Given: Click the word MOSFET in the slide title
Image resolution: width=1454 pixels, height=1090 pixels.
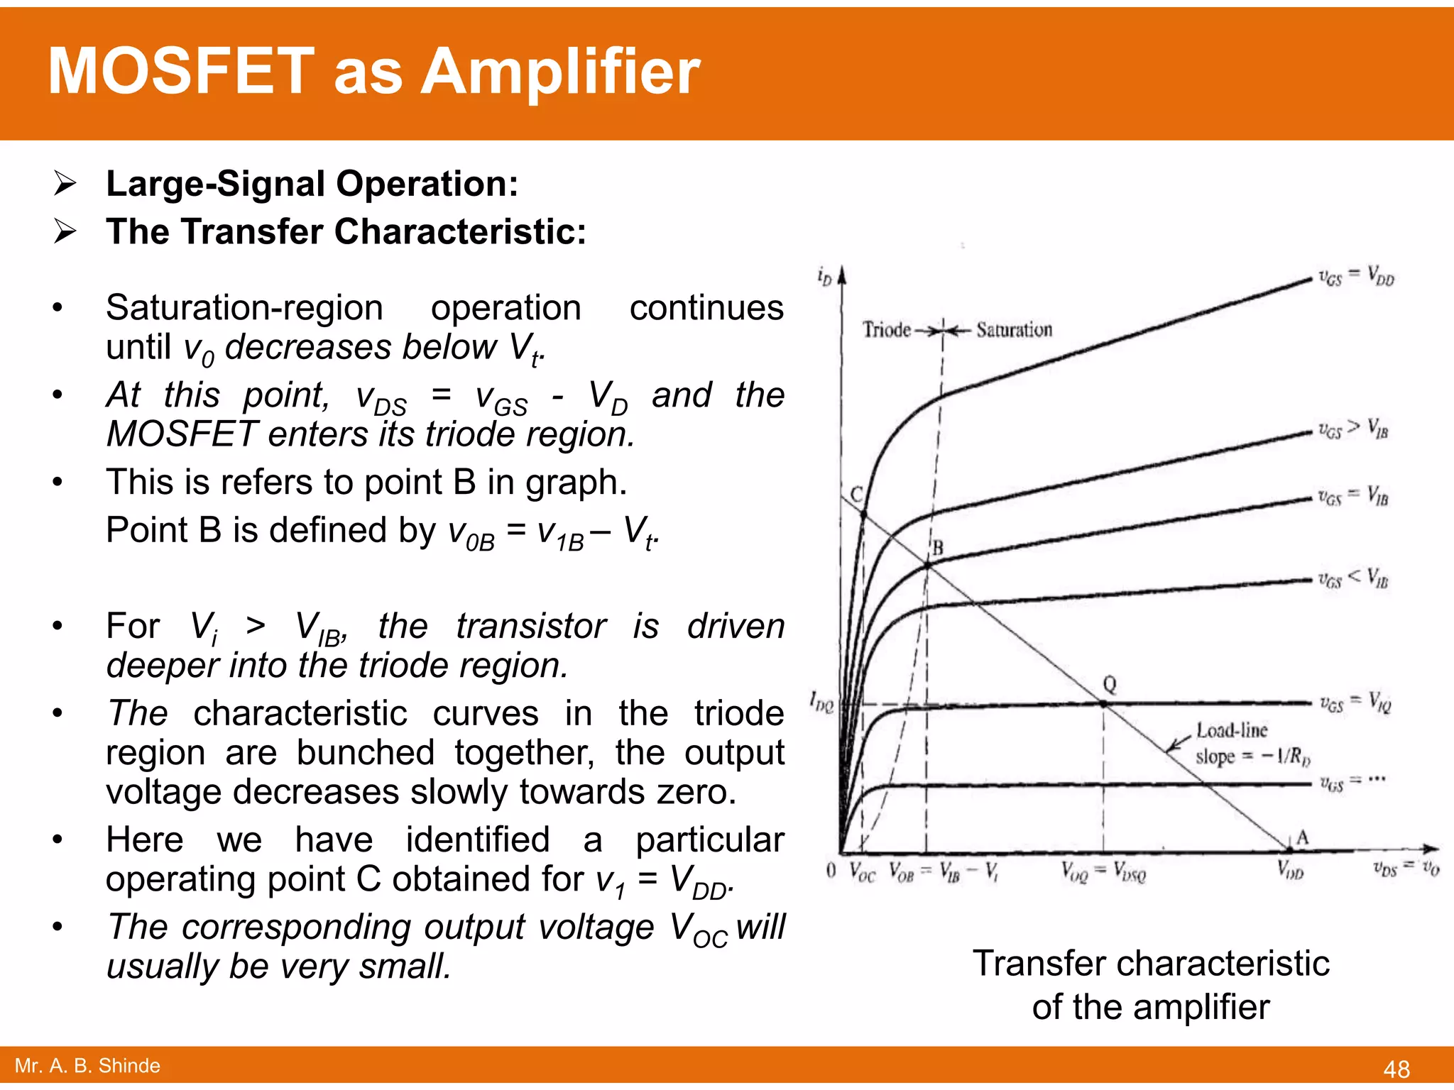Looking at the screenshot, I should [x=181, y=71].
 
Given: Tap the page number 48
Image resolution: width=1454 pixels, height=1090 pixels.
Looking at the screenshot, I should [x=1396, y=1069].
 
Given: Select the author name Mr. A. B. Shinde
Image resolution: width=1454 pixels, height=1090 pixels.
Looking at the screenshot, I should [x=87, y=1065].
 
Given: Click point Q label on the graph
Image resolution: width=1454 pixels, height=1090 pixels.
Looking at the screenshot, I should [x=1110, y=685].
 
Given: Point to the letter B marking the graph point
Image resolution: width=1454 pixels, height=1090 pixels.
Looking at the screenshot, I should [x=938, y=548].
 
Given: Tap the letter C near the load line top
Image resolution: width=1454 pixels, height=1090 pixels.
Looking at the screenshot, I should [x=857, y=495].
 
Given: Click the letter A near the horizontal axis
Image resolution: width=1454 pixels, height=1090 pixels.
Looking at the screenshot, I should [x=1302, y=837].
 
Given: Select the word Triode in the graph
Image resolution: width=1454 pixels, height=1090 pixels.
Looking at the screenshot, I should [x=887, y=330].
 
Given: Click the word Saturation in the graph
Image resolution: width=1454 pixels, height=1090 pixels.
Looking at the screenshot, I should [x=1014, y=330].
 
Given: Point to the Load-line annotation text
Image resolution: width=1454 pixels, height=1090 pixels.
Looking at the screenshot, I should [x=1232, y=730].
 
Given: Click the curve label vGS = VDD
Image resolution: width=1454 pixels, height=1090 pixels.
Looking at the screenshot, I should [x=1356, y=277].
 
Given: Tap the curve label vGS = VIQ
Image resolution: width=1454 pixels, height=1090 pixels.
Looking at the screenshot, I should [x=1355, y=704].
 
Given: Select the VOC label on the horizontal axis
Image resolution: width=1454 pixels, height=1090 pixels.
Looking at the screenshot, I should [x=863, y=871].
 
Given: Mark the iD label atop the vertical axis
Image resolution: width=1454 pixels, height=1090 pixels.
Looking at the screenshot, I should [x=824, y=275].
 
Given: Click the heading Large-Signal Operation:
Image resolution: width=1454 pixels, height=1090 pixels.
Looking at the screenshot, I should [x=312, y=184].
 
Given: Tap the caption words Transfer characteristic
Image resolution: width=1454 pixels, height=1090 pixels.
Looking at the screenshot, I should [x=1151, y=964].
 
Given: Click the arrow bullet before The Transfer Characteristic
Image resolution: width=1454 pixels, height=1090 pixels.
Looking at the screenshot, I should [x=65, y=231].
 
